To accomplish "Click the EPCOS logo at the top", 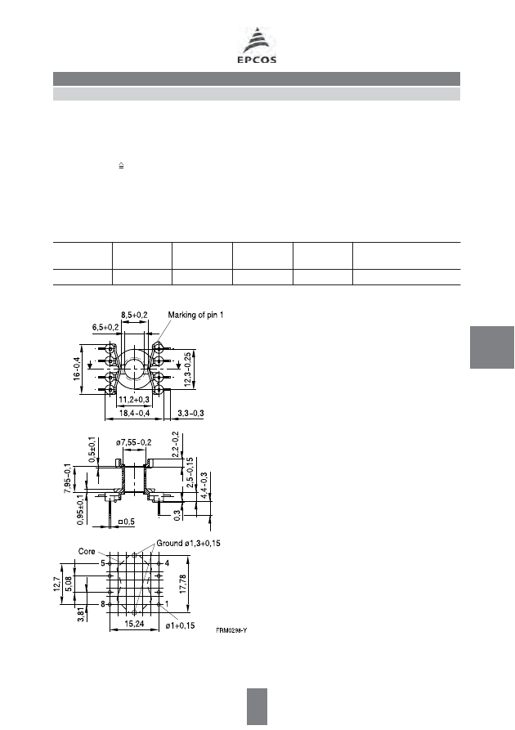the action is click(x=257, y=46).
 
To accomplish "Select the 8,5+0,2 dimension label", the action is click(x=134, y=316).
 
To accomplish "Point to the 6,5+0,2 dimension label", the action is click(x=105, y=327).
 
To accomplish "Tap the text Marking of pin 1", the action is click(x=195, y=316).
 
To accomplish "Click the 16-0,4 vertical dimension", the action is click(x=77, y=369).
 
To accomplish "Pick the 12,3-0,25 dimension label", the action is click(x=187, y=369).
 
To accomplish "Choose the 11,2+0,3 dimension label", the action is click(x=134, y=400).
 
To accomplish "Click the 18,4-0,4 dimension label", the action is click(x=134, y=413).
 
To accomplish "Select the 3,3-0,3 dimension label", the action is click(x=191, y=413).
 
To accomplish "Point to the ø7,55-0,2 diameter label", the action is click(x=133, y=442).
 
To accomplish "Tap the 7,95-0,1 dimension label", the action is click(x=68, y=478).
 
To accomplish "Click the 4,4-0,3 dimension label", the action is click(x=204, y=486).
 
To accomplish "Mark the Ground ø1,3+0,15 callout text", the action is click(x=188, y=544).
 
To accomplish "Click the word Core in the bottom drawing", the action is click(x=87, y=551).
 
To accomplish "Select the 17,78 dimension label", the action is click(x=182, y=584).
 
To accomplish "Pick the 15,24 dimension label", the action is click(x=134, y=624).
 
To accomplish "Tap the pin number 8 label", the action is click(x=102, y=604).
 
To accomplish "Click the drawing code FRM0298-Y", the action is click(x=231, y=630).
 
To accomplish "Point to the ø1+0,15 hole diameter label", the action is click(x=180, y=625).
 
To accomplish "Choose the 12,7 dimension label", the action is click(x=56, y=584).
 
